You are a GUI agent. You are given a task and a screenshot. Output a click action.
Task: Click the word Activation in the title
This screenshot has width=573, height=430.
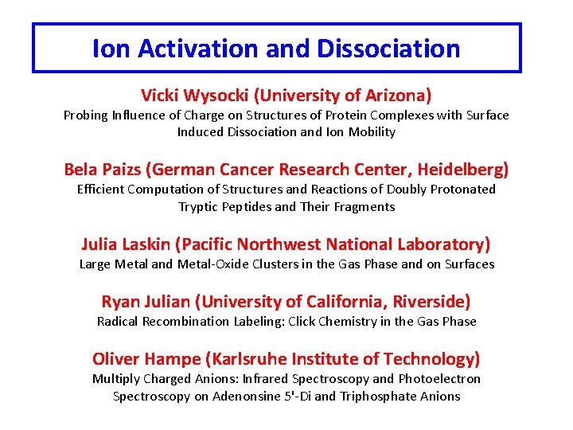198,49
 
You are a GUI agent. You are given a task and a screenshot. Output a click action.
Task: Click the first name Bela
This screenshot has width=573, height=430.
80,170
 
